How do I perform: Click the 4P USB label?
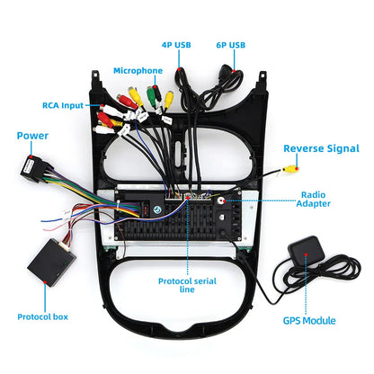176,45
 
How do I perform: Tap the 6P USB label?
230,45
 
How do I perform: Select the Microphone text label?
138,71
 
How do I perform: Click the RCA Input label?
63,105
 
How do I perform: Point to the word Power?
32,136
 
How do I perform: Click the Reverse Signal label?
321,148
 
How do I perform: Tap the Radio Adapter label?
313,200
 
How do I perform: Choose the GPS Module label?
309,321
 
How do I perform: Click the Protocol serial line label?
187,285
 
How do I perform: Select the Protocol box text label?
42,317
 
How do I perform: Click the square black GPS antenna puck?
306,251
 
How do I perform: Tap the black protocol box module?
51,263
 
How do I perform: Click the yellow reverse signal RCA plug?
289,170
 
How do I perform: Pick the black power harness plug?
31,168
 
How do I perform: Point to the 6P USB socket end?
226,71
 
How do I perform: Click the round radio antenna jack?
221,200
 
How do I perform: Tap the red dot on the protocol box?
45,282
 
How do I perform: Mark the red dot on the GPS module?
306,254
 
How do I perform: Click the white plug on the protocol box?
65,245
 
